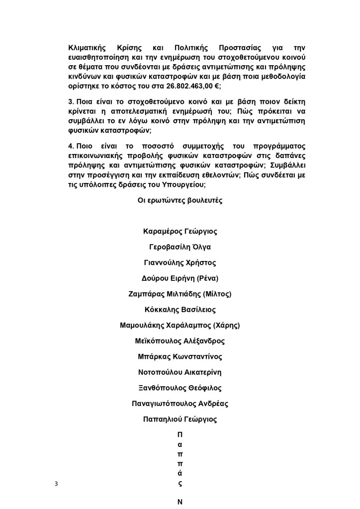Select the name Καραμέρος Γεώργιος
(180, 232)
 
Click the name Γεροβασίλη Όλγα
(180, 247)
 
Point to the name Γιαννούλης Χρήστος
(180, 263)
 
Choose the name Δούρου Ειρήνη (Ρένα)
(180, 278)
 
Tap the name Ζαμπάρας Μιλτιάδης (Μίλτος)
(180, 294)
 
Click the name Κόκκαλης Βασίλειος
(180, 310)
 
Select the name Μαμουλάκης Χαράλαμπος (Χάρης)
(180, 326)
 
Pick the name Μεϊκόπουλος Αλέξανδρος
(180, 341)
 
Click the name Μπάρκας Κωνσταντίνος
(180, 357)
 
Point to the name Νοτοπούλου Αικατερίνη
(180, 372)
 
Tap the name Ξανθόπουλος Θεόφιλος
(180, 388)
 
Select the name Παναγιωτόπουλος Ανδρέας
(180, 404)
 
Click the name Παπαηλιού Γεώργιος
(180, 420)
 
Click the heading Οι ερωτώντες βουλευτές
(180, 201)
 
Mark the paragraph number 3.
(71, 101)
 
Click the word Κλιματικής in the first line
(88, 48)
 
